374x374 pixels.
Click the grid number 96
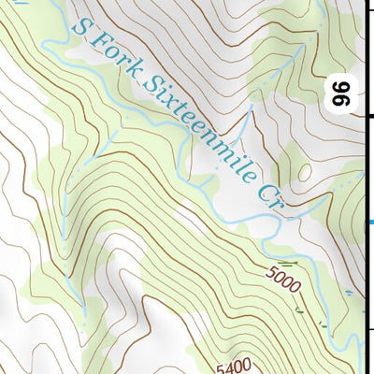click(339, 94)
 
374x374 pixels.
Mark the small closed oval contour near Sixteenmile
click(305, 171)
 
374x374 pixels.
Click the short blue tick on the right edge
click(369, 223)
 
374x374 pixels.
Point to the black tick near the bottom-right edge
click(369, 329)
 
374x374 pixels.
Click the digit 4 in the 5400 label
click(229, 367)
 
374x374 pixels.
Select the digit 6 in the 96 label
click(339, 89)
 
